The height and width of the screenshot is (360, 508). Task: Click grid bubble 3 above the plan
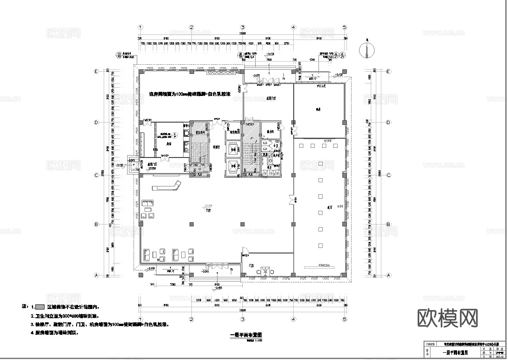(242, 27)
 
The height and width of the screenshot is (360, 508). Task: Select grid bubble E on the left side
(96, 72)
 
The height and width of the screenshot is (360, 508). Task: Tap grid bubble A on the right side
(389, 276)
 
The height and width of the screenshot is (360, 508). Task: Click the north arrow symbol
(367, 51)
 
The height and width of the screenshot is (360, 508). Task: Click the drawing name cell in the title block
(452, 353)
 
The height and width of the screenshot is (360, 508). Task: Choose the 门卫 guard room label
(251, 266)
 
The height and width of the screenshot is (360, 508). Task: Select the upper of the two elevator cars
(233, 150)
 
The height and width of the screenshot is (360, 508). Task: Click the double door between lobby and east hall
(291, 198)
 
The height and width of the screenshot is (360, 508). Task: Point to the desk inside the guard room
(265, 270)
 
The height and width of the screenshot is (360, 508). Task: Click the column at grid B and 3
(242, 224)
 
